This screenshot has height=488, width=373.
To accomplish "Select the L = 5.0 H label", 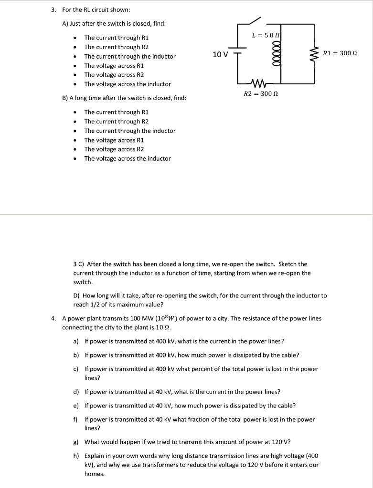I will point(265,35).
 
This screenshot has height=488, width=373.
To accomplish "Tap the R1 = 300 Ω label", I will point(340,53).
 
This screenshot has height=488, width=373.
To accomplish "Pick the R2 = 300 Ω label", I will point(261,94).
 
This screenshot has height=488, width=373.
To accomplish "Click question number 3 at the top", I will point(54,10).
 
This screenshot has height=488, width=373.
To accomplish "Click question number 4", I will point(54,318).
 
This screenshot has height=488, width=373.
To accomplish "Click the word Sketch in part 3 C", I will point(288,264).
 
